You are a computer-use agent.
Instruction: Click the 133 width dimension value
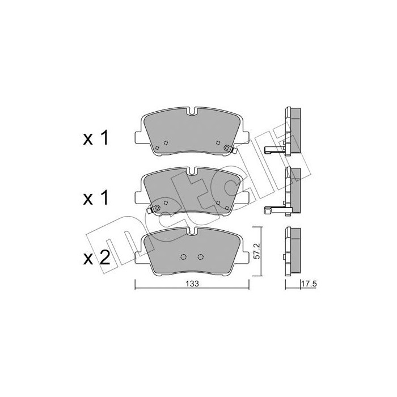pyautogui.click(x=192, y=284)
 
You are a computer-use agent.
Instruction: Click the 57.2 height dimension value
pyautogui.click(x=256, y=251)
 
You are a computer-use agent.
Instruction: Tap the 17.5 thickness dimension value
pyautogui.click(x=309, y=284)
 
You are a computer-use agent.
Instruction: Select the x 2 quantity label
pyautogui.click(x=96, y=257)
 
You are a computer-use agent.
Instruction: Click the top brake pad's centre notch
pyautogui.click(x=192, y=111)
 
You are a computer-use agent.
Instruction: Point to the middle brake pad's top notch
pyautogui.click(x=192, y=171)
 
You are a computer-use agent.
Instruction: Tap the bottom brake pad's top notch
pyautogui.click(x=192, y=231)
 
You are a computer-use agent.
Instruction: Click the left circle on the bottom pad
pyautogui.click(x=184, y=257)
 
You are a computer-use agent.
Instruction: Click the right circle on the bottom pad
pyautogui.click(x=201, y=257)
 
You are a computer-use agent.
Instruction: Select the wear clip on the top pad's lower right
pyautogui.click(x=230, y=149)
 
